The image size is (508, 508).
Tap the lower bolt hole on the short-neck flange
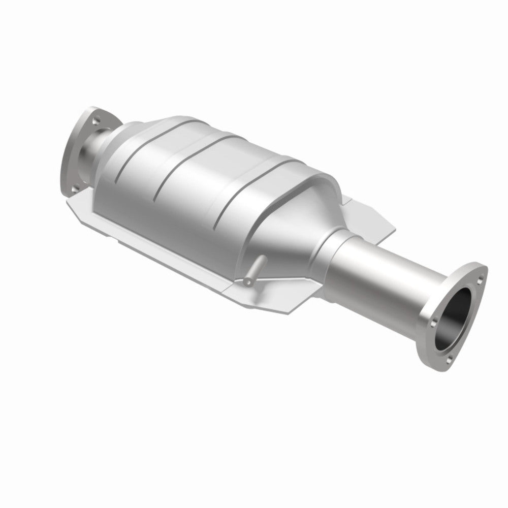click(75, 187)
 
